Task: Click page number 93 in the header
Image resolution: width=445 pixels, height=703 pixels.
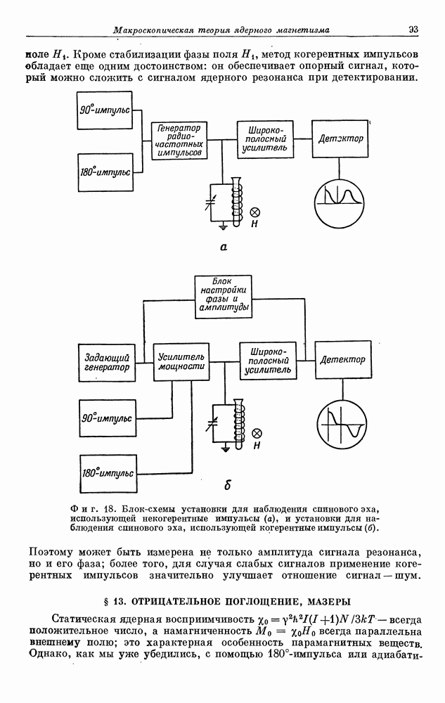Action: [x=413, y=29]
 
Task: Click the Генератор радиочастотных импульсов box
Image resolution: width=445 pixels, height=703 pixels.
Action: [x=180, y=140]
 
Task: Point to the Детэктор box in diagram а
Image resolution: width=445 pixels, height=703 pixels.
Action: [x=340, y=139]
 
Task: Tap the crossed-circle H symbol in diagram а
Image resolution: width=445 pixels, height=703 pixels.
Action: [x=256, y=212]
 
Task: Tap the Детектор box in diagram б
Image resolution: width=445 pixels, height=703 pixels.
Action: [x=342, y=361]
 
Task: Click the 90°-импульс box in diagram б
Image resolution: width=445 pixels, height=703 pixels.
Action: [x=106, y=418]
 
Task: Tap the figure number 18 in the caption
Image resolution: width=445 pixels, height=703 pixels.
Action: [x=110, y=508]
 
